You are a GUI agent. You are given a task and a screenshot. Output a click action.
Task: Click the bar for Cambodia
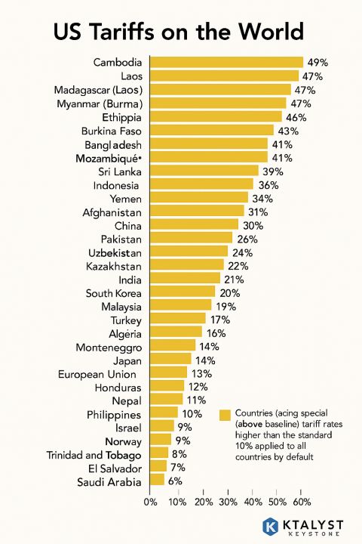[x=226, y=62]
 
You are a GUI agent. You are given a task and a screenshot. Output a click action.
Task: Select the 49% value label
[x=318, y=63]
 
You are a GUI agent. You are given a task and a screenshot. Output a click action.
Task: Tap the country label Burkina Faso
[x=112, y=131]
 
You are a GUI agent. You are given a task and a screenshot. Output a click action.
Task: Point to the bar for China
[x=194, y=224]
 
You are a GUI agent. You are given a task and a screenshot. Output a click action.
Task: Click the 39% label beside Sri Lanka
[x=273, y=172]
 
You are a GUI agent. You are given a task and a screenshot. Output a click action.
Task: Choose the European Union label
[x=97, y=374]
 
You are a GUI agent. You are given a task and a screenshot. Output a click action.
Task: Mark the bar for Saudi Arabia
[x=158, y=480]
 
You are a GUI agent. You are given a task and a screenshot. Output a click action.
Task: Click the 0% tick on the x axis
[x=150, y=502]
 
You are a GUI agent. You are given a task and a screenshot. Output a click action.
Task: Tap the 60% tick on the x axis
[x=302, y=502]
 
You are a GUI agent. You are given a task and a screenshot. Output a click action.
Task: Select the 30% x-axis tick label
[x=229, y=502]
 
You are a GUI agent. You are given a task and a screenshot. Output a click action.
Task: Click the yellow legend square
[x=225, y=416]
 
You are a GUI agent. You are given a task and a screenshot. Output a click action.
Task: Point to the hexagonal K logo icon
[x=270, y=526]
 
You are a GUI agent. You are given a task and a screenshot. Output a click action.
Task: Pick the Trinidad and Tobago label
[x=94, y=455]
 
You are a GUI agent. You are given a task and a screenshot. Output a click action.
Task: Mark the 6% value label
[x=175, y=481]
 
